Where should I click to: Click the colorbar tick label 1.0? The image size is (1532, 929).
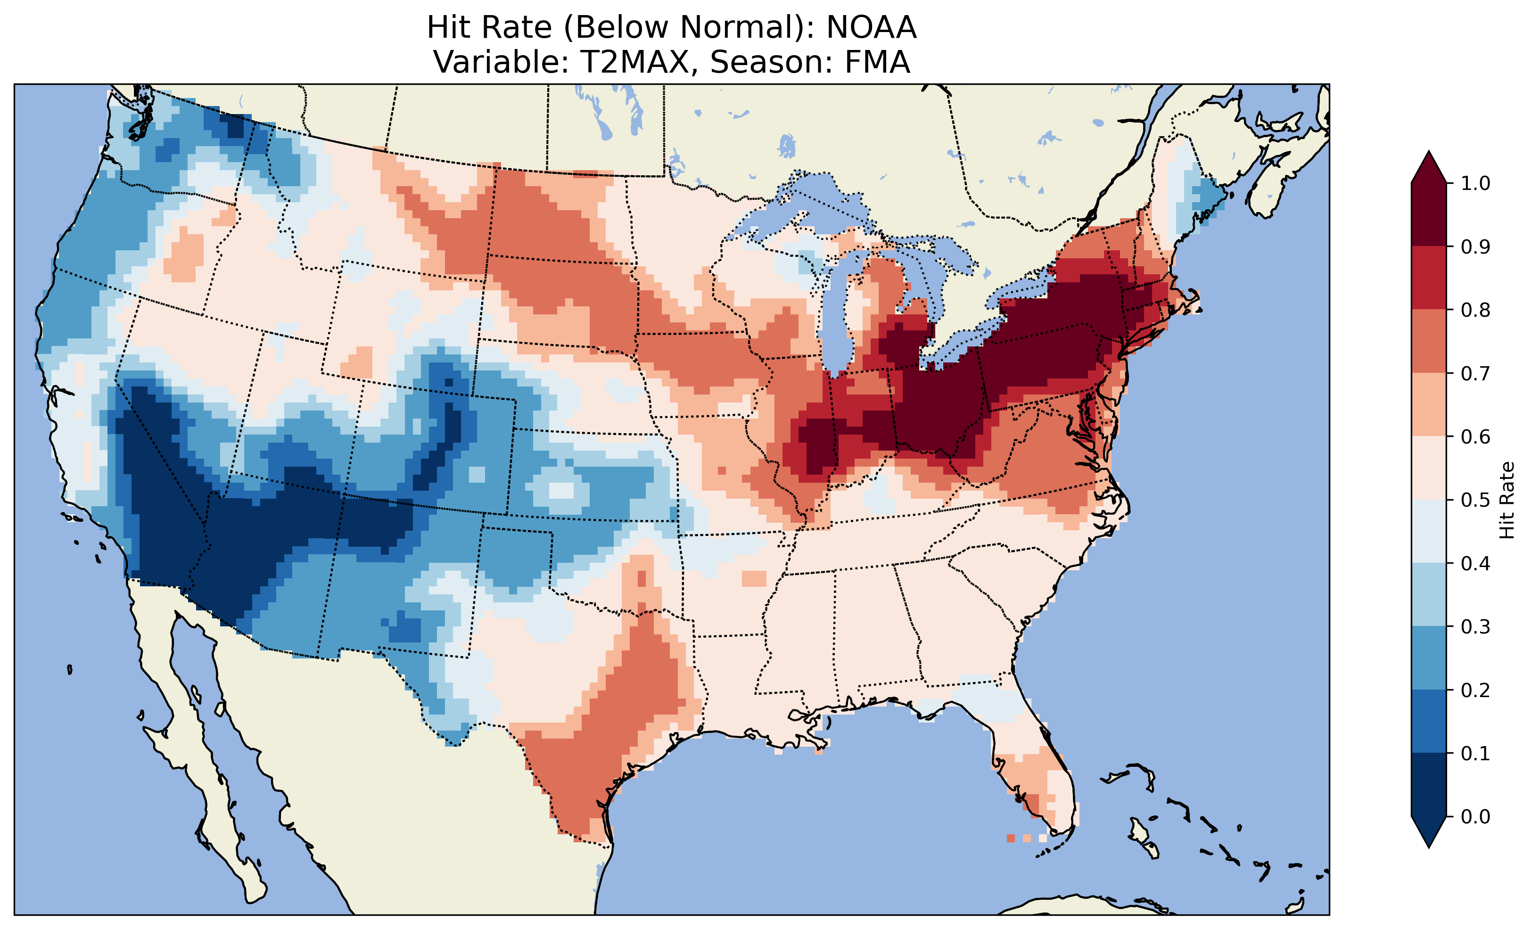[1475, 183]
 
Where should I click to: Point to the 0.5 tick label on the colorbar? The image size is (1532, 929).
[1475, 500]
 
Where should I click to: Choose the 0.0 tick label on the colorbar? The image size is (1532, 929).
[1475, 816]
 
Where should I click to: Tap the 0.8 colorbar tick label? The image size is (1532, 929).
[1475, 310]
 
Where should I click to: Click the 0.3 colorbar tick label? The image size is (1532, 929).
[1475, 627]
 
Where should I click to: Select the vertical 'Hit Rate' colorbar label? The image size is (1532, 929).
[1507, 500]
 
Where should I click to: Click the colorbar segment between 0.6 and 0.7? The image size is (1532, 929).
[1429, 405]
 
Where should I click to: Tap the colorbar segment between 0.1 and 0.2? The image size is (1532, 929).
[1429, 721]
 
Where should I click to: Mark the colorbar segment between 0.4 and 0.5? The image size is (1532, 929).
[1429, 532]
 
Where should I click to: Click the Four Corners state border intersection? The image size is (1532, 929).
[341, 495]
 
